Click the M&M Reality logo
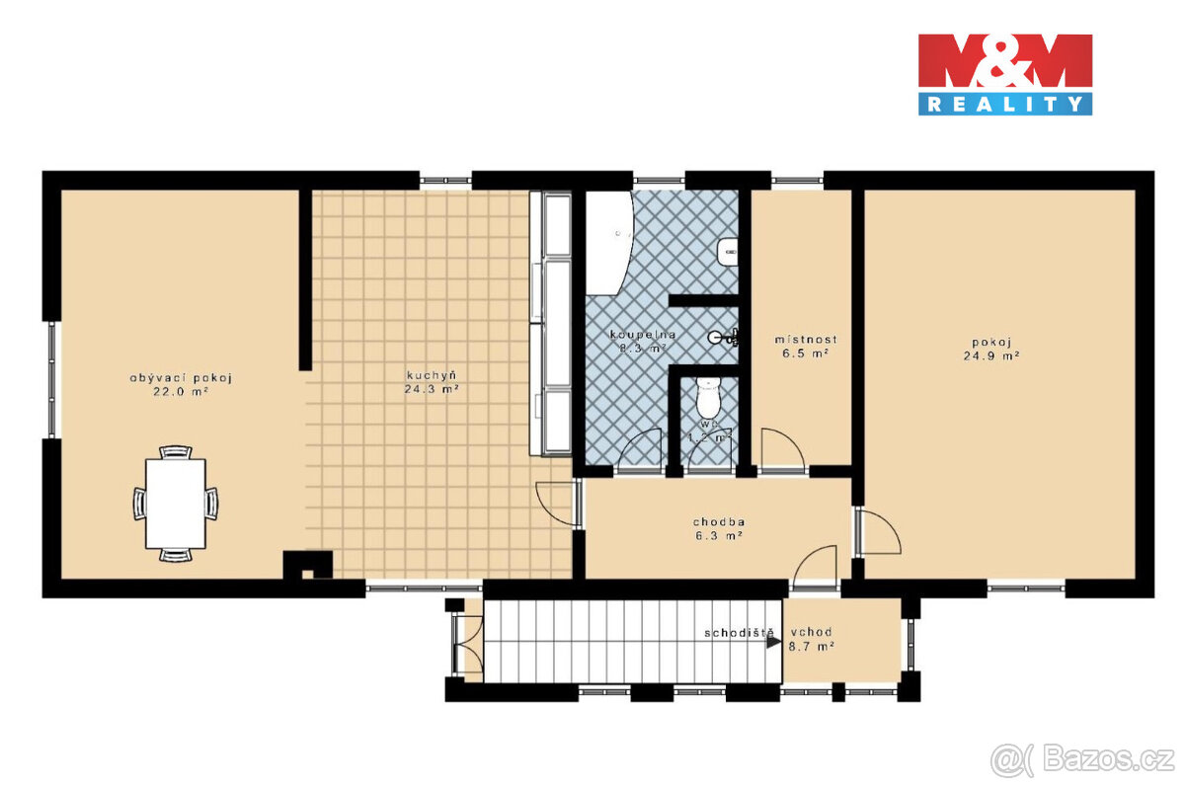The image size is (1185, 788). [1004, 74]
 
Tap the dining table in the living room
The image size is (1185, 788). [176, 504]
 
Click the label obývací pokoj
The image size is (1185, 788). [180, 377]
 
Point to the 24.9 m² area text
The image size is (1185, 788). [991, 356]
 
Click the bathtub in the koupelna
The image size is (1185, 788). [606, 242]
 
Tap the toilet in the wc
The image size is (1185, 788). [707, 397]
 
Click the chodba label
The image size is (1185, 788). [718, 521]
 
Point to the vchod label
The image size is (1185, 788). [811, 632]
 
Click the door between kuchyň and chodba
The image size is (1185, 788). [558, 504]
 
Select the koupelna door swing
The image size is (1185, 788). [642, 449]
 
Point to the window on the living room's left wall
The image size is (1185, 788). [52, 380]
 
